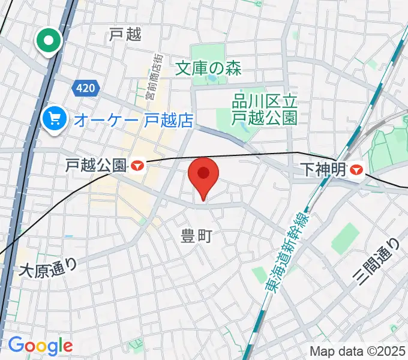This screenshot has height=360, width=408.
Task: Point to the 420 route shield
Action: [85, 88]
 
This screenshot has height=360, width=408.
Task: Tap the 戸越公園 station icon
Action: [139, 164]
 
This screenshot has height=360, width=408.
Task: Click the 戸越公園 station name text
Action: [96, 164]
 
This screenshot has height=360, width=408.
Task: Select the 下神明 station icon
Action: [357, 170]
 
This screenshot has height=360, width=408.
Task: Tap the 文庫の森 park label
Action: [208, 68]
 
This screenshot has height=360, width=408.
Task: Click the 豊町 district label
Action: [196, 236]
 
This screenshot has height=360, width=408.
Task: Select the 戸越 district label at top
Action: [125, 35]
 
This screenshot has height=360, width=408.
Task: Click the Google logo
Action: [40, 346]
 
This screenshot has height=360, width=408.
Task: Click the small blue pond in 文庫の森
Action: [212, 78]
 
